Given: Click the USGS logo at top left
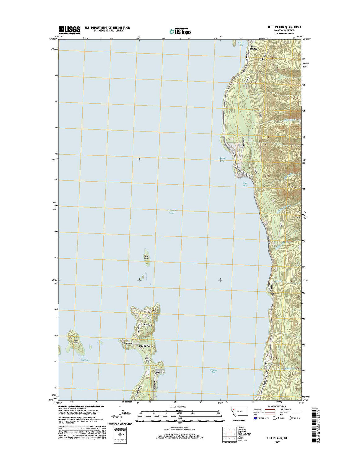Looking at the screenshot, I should point(69,29).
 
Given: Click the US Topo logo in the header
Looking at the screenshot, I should point(180,31).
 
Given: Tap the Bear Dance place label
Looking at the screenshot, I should point(254,48).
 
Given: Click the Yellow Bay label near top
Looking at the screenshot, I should point(241,44).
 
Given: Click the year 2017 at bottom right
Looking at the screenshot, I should point(277,442).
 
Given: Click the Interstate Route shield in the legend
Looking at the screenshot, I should point(255,418).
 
